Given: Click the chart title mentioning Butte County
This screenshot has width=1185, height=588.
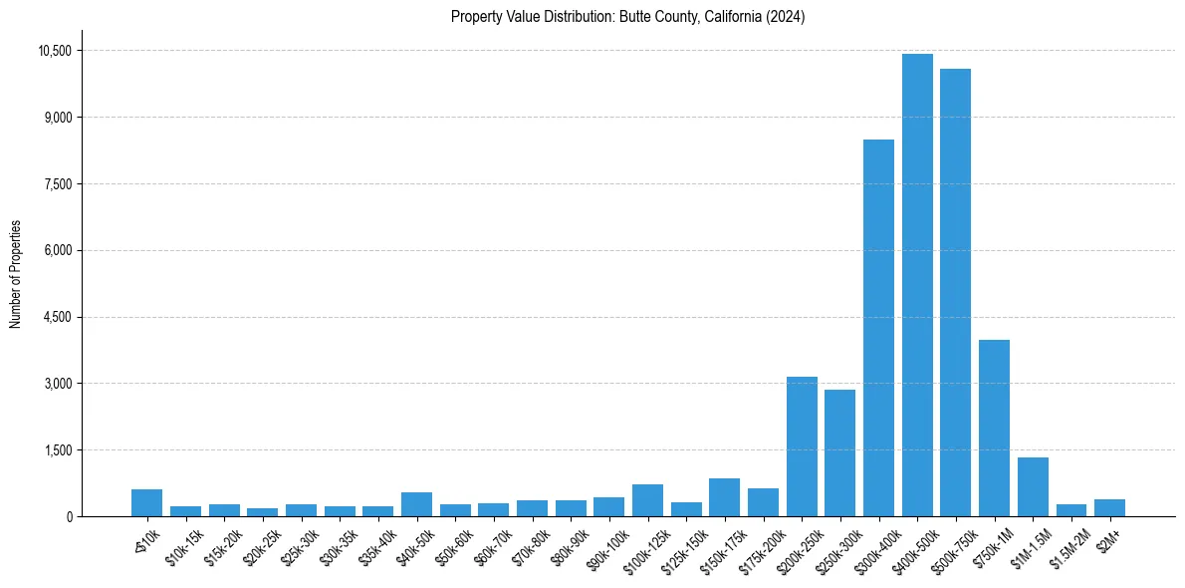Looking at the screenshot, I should (627, 17).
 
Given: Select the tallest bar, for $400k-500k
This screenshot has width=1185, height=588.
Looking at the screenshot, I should (917, 285).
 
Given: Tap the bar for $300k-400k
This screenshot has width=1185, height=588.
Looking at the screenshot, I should (878, 328).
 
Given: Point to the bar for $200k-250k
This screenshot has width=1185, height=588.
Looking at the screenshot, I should (802, 446).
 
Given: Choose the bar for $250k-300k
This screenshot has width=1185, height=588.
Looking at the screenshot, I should (839, 453).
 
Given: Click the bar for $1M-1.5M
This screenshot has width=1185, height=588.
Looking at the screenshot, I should (1033, 487).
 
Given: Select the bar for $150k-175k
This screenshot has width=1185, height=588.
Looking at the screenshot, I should (724, 497).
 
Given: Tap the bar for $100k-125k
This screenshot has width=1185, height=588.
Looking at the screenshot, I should (647, 500).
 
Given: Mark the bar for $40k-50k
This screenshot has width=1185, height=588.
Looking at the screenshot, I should (416, 504).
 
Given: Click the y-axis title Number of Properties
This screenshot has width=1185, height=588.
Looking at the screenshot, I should (16, 274).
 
